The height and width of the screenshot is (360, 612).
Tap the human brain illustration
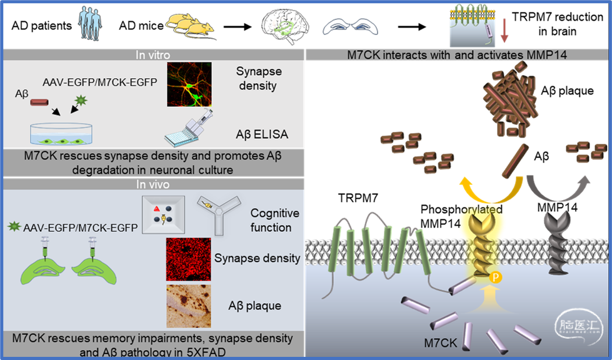(x=285, y=26)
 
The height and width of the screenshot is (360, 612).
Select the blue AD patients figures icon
(x=90, y=24)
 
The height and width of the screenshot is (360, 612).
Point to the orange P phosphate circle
(x=495, y=277)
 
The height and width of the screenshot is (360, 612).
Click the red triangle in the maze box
(x=156, y=209)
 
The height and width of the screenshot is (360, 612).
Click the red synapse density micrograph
(x=189, y=259)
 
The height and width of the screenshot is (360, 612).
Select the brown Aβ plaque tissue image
(x=189, y=306)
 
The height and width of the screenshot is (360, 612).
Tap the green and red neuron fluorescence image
(x=189, y=84)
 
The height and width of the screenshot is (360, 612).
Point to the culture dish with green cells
(x=61, y=135)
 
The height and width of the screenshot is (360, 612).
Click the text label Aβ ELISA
(x=262, y=134)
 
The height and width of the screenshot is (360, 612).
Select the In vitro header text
(x=153, y=55)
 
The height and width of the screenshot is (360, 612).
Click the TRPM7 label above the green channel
(x=358, y=198)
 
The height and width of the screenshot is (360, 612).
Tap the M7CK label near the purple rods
(x=440, y=343)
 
